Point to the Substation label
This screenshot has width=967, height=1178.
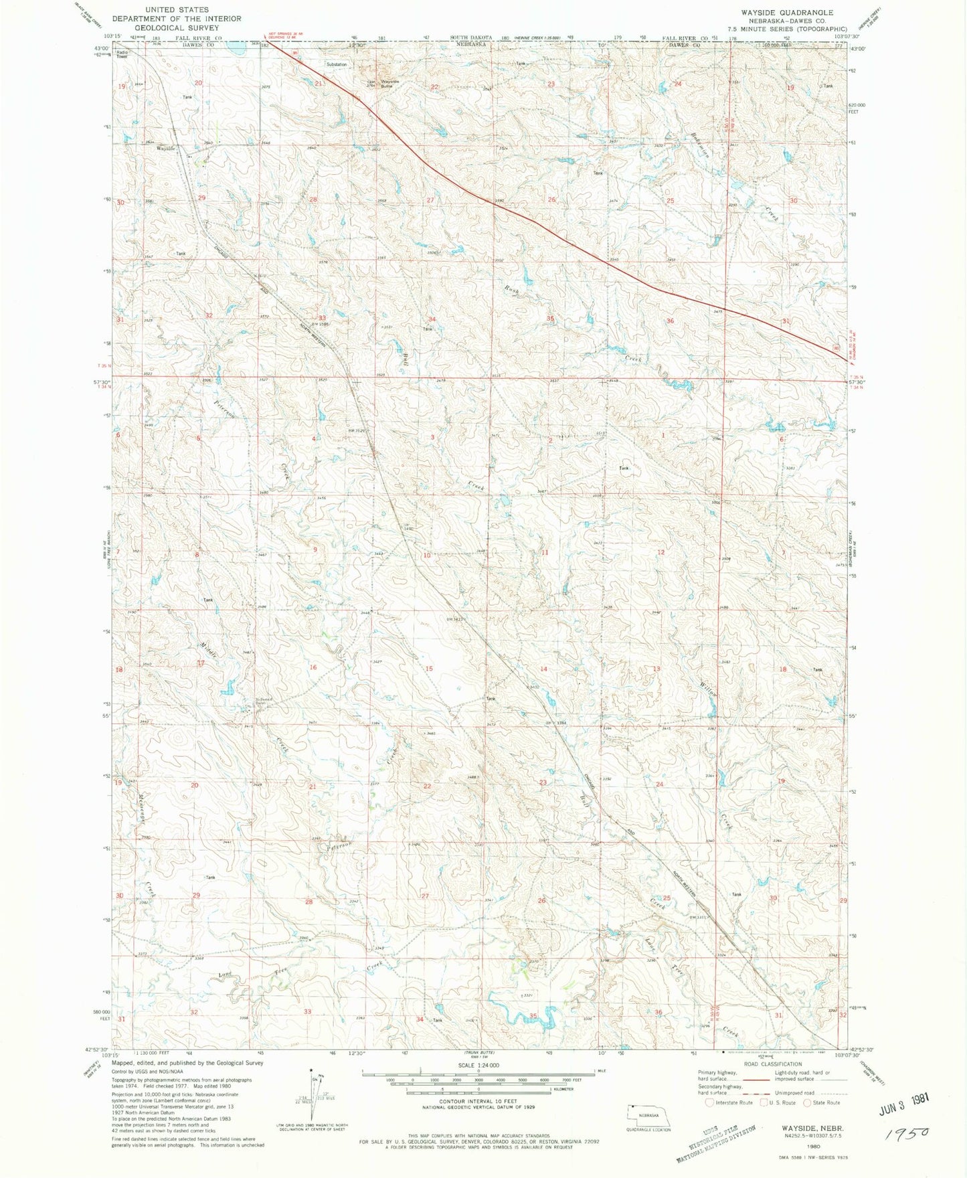coord(337,64)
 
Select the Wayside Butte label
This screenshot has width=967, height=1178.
coord(390,83)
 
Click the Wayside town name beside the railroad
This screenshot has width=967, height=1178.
coord(165,148)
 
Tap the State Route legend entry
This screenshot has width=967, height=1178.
coord(822,1102)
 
